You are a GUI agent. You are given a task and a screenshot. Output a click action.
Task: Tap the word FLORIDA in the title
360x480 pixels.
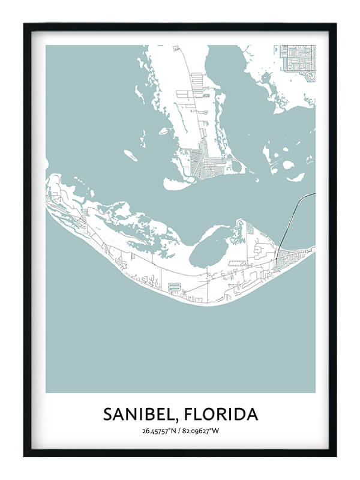(223, 414)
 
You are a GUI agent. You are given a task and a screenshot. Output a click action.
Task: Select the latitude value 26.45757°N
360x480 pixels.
(158, 431)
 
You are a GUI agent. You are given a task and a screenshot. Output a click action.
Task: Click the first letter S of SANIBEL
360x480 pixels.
(107, 414)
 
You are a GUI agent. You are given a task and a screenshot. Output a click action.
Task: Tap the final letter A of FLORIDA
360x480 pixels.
(253, 414)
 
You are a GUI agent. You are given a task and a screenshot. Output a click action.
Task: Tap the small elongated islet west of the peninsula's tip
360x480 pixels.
(131, 155)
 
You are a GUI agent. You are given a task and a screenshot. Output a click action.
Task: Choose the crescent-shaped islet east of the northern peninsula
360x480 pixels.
(296, 177)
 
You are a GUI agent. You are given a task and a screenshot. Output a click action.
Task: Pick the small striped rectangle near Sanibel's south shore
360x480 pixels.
(175, 287)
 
